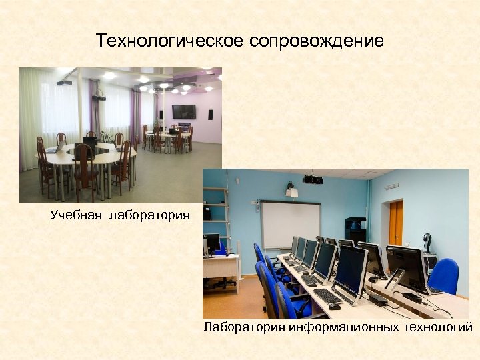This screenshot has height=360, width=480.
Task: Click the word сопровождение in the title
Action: point(317,41)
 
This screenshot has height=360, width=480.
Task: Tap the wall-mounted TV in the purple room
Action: point(184,111)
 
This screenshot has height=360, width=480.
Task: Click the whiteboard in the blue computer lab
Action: point(290,224)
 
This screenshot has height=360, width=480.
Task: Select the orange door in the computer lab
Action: point(396,223)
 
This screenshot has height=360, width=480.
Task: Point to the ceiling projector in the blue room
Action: point(313,179)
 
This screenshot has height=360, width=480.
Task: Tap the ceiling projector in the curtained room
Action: point(64,83)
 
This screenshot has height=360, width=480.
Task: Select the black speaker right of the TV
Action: point(211,114)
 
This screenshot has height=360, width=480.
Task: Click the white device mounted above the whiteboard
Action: point(291,192)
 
